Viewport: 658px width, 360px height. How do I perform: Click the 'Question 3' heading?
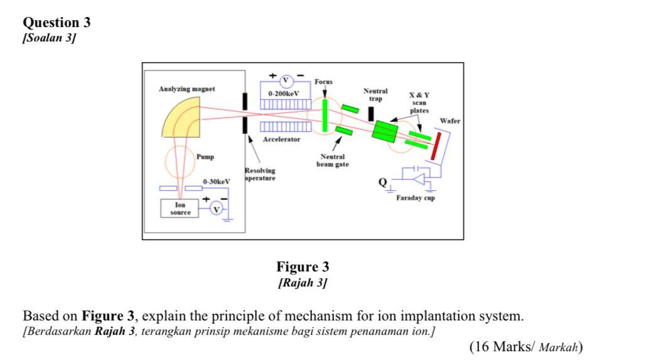[57, 23]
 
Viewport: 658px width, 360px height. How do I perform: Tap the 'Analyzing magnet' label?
[186, 89]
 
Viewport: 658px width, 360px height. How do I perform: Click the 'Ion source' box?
[180, 209]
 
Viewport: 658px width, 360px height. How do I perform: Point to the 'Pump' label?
[205, 156]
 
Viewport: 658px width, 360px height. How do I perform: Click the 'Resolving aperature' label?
[259, 174]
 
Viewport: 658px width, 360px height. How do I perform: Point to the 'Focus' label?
[324, 82]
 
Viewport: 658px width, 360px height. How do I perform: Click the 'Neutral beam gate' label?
[333, 161]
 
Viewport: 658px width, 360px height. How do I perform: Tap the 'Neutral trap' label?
[375, 95]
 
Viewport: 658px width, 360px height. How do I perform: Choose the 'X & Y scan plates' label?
[419, 102]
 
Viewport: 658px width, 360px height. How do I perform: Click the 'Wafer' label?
[450, 121]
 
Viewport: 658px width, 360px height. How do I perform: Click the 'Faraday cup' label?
[415, 198]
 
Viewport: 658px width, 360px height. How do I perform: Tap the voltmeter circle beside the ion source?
[216, 209]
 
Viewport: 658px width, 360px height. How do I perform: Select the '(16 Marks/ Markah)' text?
[526, 347]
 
